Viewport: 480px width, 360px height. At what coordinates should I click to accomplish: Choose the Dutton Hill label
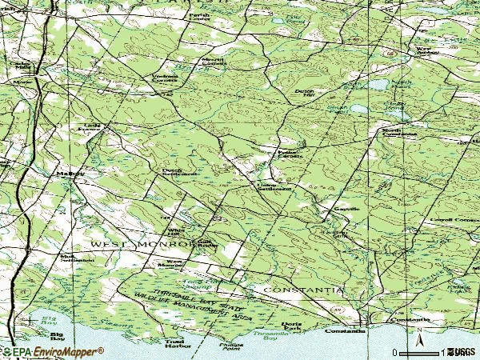pyautogui.click(x=305, y=94)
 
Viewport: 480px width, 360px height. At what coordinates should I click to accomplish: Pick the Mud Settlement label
pyautogui.click(x=77, y=258)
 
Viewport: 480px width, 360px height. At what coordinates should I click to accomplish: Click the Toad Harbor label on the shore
pyautogui.click(x=175, y=343)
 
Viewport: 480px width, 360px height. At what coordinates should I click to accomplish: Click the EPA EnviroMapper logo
pyautogui.click(x=52, y=352)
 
